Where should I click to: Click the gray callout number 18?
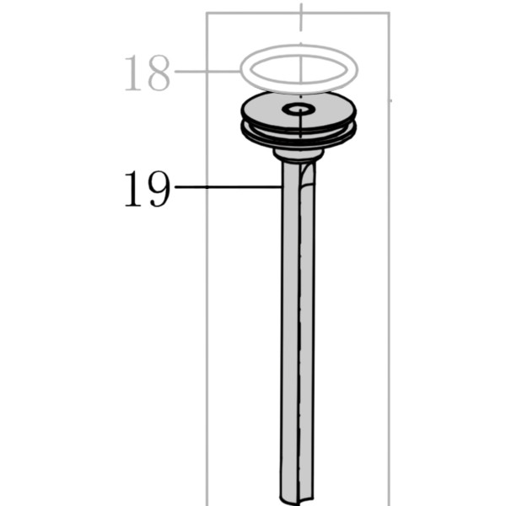pyautogui.click(x=147, y=73)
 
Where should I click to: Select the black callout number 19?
pyautogui.click(x=147, y=189)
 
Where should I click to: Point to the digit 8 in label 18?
pyautogui.click(x=159, y=73)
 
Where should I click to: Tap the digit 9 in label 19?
pyautogui.click(x=159, y=189)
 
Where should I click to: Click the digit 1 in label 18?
pyautogui.click(x=132, y=73)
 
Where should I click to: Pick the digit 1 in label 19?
pyautogui.click(x=132, y=189)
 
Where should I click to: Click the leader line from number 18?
pyautogui.click(x=207, y=72)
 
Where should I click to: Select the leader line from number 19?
pyautogui.click(x=228, y=187)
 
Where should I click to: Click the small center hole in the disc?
pyautogui.click(x=299, y=109)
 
